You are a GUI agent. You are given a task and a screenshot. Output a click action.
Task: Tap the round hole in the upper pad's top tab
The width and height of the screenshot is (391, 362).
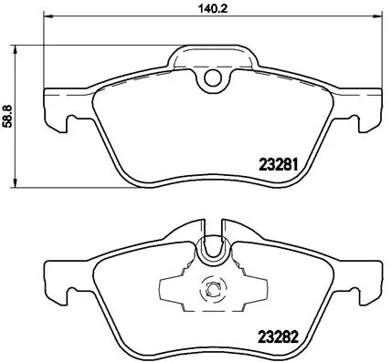tap(215, 79)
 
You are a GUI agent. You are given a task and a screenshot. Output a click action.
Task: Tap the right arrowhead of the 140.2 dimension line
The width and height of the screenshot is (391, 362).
tap(380, 17)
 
